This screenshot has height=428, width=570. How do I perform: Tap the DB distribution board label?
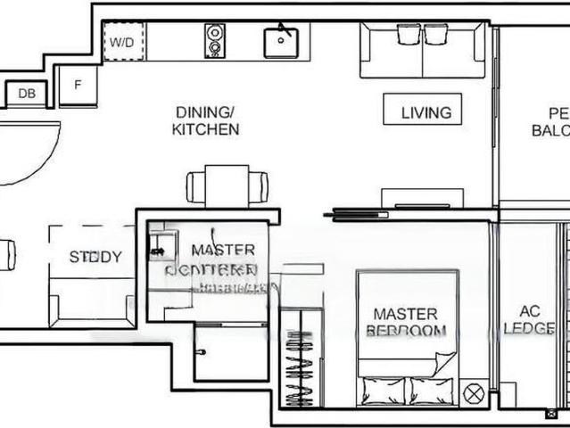[x=26, y=93]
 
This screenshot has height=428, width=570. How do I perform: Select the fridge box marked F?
[x=78, y=86]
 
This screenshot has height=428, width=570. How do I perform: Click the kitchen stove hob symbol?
[x=215, y=41]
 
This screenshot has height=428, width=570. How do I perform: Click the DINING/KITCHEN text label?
[x=206, y=120]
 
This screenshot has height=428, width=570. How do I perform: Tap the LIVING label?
[x=425, y=112]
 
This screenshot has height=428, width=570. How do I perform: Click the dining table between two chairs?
[x=227, y=186]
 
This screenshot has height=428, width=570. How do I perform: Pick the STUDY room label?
[x=95, y=258]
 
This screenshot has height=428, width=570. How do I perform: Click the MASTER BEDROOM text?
[x=405, y=322]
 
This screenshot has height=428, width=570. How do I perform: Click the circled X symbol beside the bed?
[x=475, y=392]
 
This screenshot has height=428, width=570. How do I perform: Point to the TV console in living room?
[x=422, y=198]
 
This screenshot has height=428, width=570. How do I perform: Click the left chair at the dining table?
[x=197, y=187]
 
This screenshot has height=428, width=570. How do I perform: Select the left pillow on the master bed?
[x=384, y=391]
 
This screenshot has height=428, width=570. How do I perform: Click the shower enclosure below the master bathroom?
[x=230, y=352]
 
